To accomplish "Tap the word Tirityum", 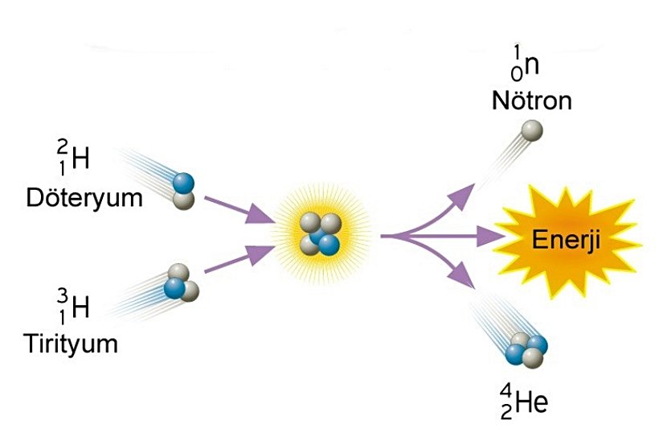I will click(71, 344).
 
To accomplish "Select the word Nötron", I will click(533, 102).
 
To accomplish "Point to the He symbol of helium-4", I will click(531, 402).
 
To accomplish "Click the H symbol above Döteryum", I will click(80, 162).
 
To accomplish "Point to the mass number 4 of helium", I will click(506, 391).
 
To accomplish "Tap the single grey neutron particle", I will click(531, 130).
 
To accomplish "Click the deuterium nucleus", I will click(185, 190).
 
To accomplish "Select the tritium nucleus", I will click(180, 283).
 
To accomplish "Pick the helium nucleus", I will click(527, 350).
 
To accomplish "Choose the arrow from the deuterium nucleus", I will click(238, 207).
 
